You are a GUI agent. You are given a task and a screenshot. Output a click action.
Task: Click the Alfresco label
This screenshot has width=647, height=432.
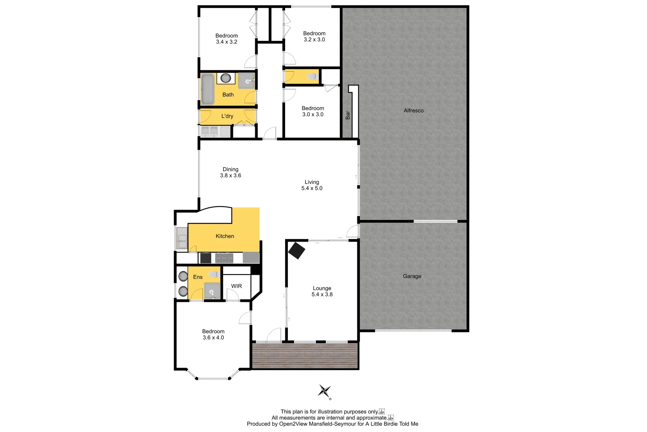tap(413, 110)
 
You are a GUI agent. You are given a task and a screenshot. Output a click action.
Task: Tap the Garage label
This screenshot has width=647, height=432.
tap(412, 276)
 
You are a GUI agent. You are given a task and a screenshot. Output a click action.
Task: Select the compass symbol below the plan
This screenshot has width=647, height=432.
tap(324, 391)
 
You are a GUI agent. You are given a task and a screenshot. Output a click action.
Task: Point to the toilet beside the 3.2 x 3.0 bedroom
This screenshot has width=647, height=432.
tap(312, 76)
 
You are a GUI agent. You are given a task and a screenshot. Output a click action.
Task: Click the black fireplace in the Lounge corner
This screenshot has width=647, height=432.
tap(297, 250)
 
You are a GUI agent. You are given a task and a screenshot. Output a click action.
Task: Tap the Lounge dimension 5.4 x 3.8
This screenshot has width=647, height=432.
tap(322, 294)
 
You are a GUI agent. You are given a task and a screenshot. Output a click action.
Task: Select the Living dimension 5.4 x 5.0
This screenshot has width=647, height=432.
tap(312, 188)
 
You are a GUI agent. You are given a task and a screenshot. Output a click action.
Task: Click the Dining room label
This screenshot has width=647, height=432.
tap(230, 169)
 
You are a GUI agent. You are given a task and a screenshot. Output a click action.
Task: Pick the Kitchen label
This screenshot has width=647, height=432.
tap(225, 236)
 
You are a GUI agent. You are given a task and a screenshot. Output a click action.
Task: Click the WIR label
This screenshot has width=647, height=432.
tap(236, 286)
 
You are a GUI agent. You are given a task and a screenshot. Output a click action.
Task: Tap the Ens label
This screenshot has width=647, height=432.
tap(198, 277)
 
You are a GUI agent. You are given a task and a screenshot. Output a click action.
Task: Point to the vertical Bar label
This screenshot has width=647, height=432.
tap(347, 115)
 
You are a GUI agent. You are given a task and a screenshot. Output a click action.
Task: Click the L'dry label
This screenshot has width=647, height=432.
tap(227, 116)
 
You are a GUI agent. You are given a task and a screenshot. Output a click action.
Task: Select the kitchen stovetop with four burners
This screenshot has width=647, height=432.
tap(224, 258)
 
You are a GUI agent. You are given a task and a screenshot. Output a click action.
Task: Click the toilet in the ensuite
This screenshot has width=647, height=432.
tap(214, 274)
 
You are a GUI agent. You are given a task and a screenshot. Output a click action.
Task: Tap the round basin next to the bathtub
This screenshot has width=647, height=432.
tap(226, 78)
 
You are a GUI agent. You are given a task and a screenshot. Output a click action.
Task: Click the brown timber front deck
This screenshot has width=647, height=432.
tap(305, 356)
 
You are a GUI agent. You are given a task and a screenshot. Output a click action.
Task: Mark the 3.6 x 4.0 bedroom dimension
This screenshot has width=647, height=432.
tap(213, 338)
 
